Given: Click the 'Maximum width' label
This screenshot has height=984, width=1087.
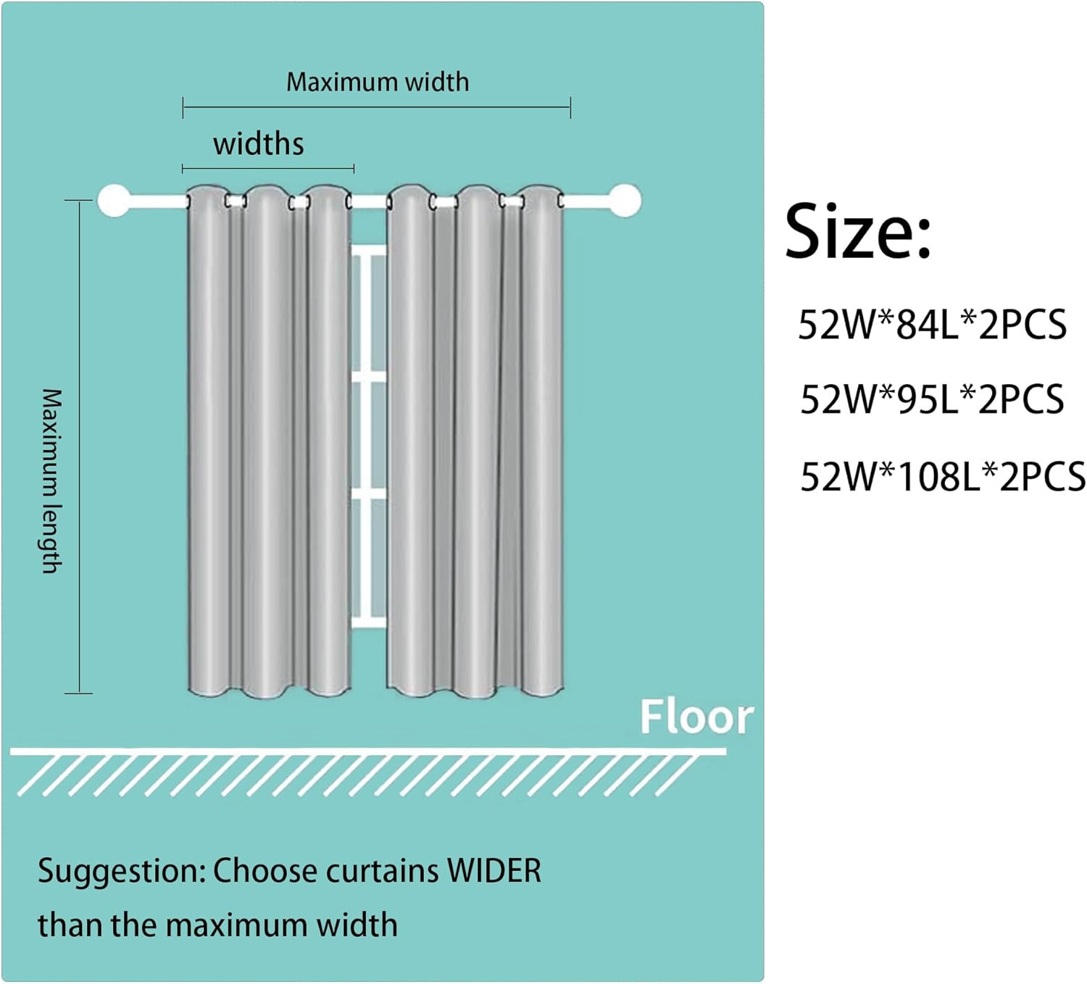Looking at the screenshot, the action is click(x=377, y=83).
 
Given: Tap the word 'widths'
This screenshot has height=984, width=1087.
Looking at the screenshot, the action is click(x=259, y=144).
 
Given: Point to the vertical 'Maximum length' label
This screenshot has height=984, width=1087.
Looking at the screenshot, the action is click(x=52, y=480).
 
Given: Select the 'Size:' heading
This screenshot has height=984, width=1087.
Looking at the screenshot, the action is click(x=858, y=231).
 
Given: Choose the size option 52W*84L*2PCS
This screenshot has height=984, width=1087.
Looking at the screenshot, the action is click(x=932, y=325).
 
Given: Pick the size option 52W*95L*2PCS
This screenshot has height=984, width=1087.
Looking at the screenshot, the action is click(x=932, y=399).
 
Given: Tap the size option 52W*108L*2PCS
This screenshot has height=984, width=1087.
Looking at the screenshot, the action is click(x=943, y=476).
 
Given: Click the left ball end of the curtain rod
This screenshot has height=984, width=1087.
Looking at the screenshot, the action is click(x=114, y=201).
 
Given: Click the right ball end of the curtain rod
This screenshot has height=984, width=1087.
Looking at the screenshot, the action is click(x=625, y=201).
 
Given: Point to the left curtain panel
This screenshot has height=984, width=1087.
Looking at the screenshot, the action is click(x=270, y=441).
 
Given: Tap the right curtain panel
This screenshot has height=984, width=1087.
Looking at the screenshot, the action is click(x=475, y=441).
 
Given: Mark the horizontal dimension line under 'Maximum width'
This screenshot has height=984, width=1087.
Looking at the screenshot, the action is click(x=377, y=107).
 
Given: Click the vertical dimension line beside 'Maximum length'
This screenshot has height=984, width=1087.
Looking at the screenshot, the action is click(x=79, y=446).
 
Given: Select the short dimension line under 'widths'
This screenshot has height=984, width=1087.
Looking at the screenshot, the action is click(x=268, y=169).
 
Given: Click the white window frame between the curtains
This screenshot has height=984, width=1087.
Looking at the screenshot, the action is click(x=369, y=436).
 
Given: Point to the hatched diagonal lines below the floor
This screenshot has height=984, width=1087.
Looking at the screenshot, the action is click(x=358, y=776).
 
